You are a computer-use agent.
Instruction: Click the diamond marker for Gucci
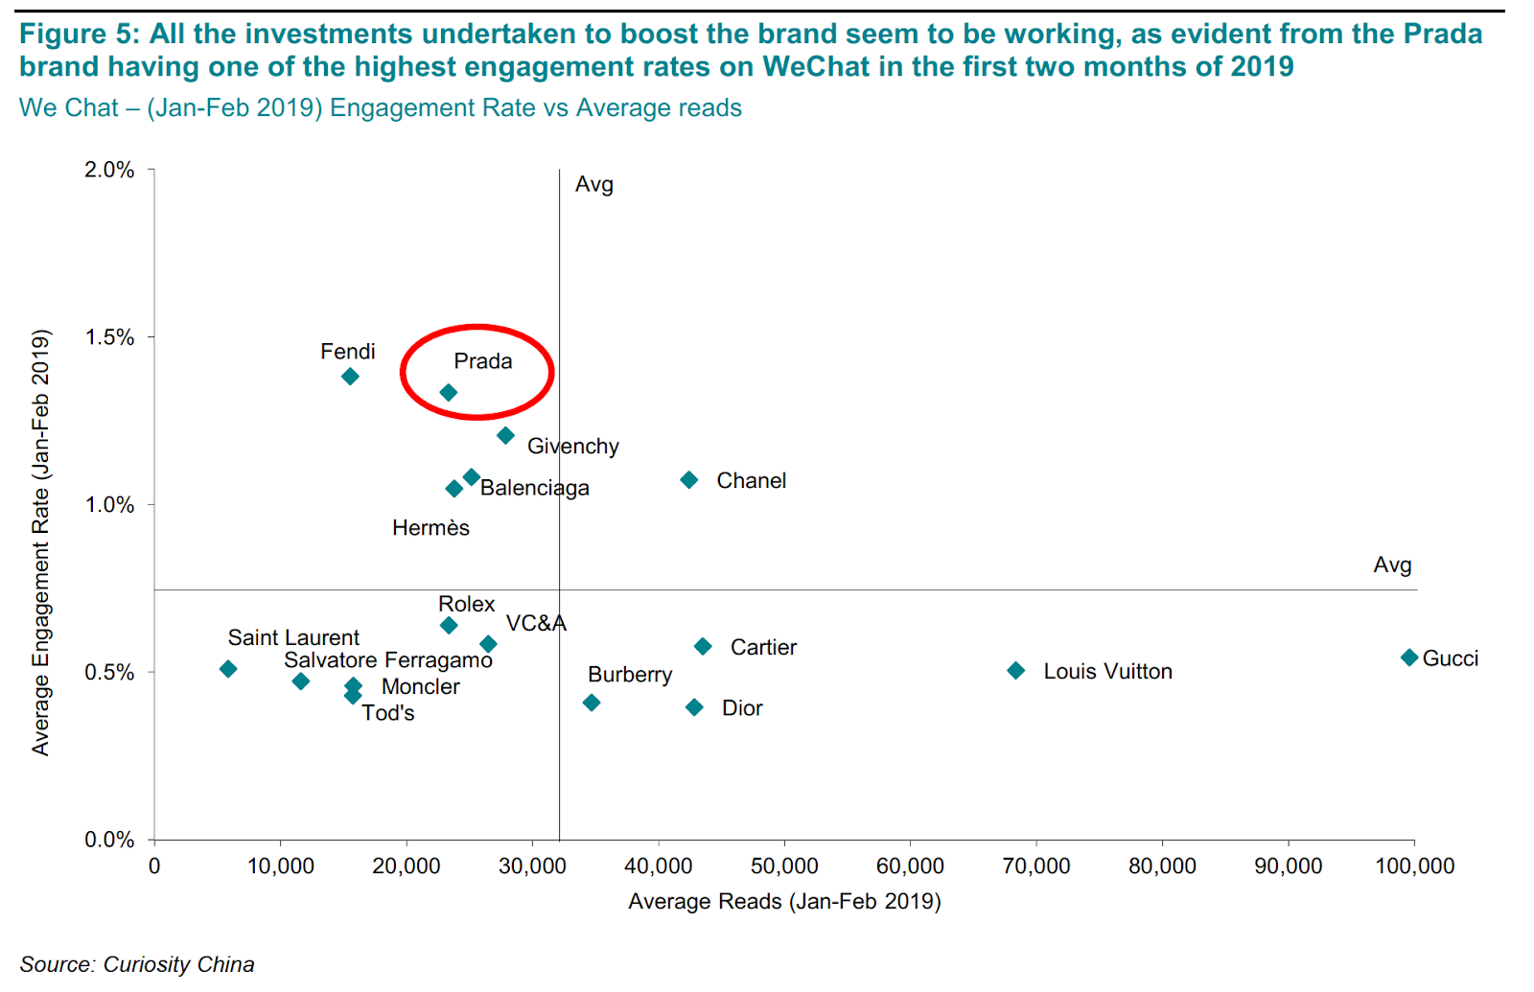(1408, 657)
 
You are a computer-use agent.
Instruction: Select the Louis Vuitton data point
(1016, 671)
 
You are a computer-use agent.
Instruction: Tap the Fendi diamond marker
(350, 377)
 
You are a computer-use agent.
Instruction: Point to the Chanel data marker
(689, 480)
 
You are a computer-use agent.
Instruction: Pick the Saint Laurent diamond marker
(228, 669)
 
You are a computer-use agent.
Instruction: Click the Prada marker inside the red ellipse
(448, 393)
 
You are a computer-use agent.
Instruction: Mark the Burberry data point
(592, 704)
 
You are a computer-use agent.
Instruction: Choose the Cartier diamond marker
(703, 647)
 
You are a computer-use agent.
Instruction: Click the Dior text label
(742, 708)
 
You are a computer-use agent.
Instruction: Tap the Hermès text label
(430, 528)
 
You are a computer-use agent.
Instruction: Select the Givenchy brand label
(573, 447)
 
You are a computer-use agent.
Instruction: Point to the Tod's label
(388, 713)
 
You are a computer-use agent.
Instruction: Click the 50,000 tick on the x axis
(784, 866)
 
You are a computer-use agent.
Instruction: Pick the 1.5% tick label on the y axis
(109, 337)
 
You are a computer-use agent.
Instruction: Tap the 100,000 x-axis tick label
(1414, 866)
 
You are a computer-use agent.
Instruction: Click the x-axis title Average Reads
(784, 902)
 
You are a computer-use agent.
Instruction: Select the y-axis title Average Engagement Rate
(40, 542)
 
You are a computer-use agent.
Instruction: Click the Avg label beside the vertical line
(593, 185)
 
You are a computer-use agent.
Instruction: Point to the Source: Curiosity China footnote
(137, 964)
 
